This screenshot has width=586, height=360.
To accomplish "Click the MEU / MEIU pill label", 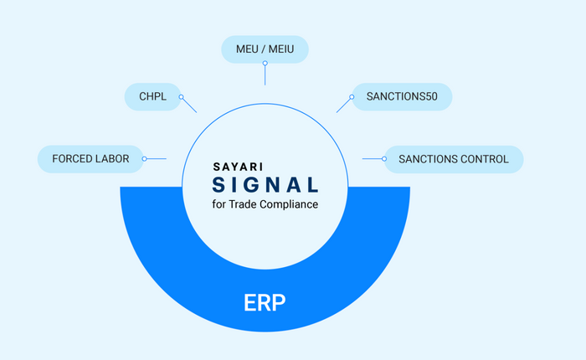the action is click(265, 49).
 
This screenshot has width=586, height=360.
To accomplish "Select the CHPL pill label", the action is click(153, 97).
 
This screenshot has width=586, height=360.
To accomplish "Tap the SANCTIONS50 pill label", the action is click(402, 97).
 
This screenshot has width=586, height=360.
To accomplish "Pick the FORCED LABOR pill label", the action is click(90, 159).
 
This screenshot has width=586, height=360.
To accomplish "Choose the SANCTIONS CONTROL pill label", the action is click(454, 159).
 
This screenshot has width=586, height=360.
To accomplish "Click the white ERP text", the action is click(265, 302).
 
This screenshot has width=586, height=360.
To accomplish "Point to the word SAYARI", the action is click(238, 167).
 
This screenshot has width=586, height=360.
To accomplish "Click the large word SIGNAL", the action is click(265, 185).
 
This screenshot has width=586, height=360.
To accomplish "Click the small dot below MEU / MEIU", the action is click(265, 63).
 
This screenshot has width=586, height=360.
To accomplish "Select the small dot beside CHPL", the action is click(182, 97).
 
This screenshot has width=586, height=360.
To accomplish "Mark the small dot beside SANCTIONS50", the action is click(352, 97).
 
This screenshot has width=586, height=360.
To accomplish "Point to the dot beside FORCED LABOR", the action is click(144, 159).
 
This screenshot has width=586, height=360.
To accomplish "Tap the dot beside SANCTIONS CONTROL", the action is click(384, 159).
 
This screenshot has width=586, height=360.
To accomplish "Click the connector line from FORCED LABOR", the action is click(157, 159).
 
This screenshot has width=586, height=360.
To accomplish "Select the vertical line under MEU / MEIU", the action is click(265, 75).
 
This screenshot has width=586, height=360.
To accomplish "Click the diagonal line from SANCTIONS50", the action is click(343, 105).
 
